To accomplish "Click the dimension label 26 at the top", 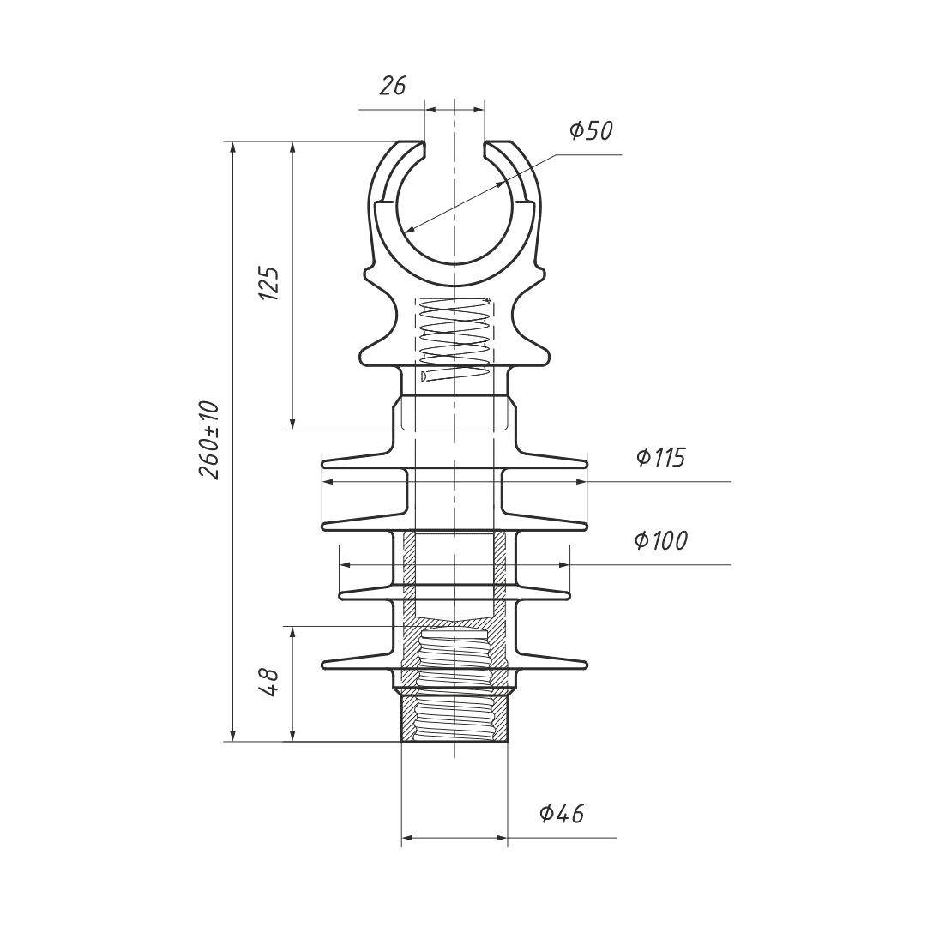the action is coord(393,87).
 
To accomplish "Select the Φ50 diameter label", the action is coord(591,130).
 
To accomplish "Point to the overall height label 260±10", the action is coord(208,440).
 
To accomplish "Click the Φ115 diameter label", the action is coord(661,457).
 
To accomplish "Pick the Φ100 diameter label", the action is coord(661,540).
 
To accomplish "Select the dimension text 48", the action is coord(269,683).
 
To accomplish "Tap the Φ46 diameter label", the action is coord(562,814).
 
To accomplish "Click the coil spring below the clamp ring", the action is coord(454,338).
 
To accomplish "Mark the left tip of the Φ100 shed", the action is coord(340,593).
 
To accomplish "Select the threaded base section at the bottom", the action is coord(454,718).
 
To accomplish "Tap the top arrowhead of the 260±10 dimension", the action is coord(233,147).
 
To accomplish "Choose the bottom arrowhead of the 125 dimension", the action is coord(292,424).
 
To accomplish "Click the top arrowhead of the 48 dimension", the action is coord(292,632).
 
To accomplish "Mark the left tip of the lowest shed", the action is coord(322,665).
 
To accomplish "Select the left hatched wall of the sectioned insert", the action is coord(409,609).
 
